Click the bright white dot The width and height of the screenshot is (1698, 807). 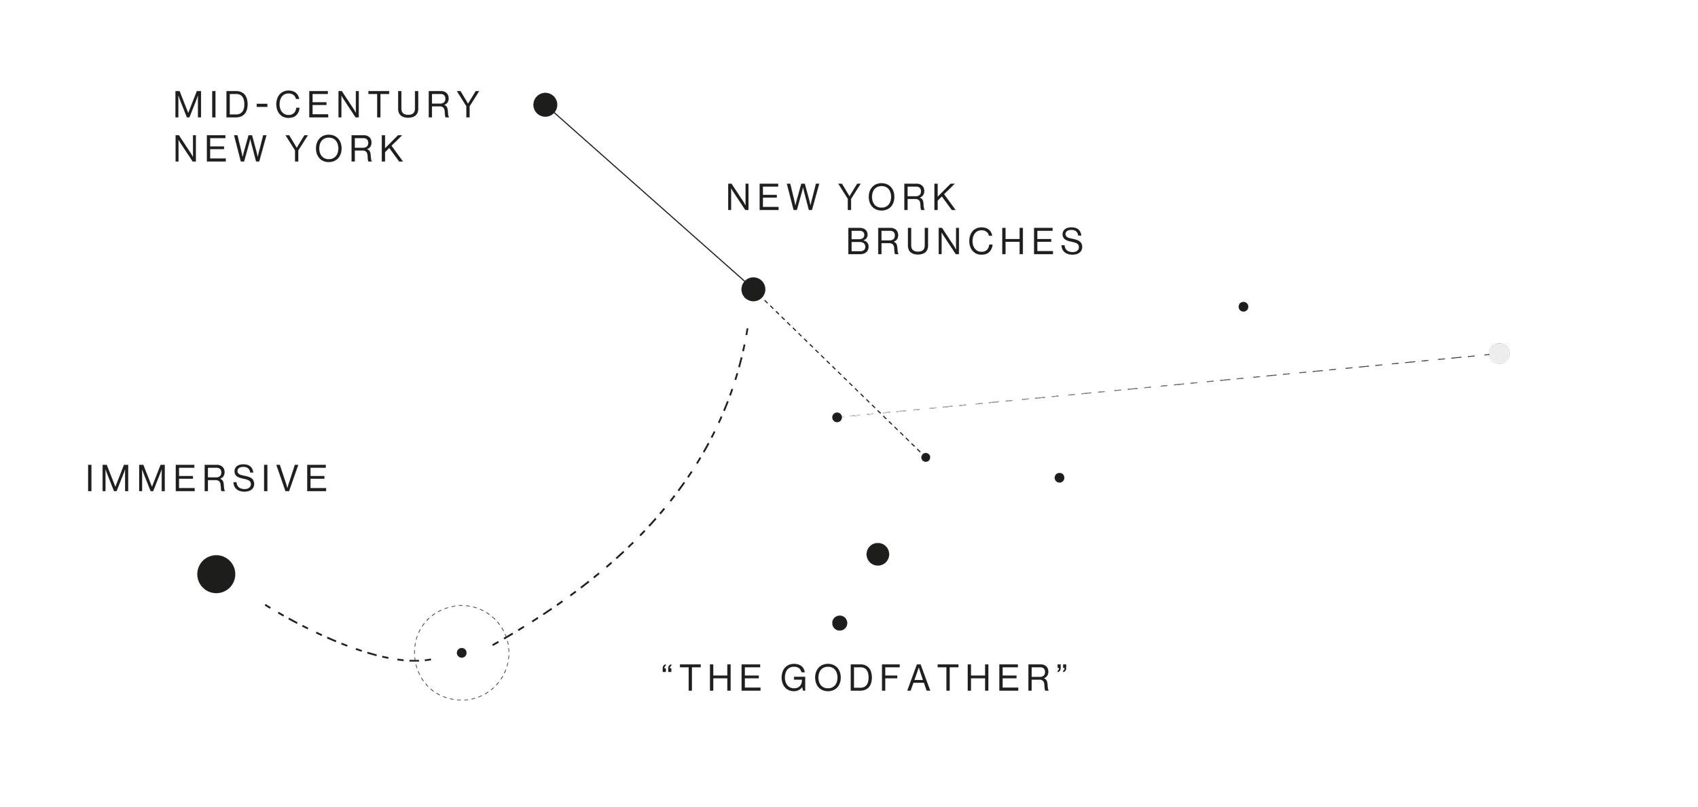point(1499,354)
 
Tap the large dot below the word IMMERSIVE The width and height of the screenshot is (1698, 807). point(216,574)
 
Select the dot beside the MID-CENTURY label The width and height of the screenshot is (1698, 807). point(545,105)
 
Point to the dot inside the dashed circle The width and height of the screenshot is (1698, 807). point(462,653)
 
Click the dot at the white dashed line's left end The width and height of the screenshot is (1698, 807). point(837,417)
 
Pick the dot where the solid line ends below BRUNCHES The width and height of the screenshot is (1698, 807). point(753,289)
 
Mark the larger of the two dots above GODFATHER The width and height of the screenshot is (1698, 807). point(878,554)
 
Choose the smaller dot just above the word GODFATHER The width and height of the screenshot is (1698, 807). point(839,623)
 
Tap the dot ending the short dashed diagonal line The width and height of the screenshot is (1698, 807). point(926,457)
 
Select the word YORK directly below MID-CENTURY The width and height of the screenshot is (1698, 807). point(346,149)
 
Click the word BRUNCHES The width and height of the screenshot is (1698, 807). point(965,241)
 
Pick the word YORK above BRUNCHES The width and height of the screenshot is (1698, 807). point(898,198)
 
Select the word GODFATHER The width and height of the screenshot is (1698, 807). point(916,678)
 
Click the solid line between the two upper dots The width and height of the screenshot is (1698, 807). point(649,197)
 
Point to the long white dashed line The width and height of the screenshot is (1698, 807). point(1168,385)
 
